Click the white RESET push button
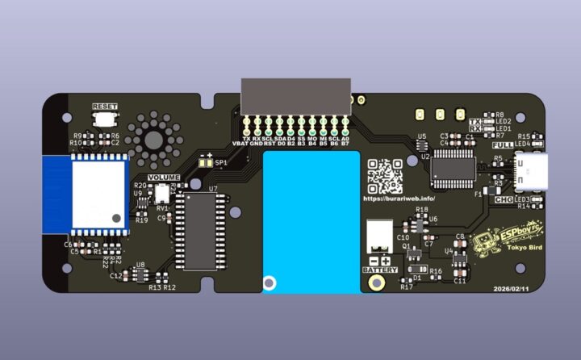[x=104, y=119]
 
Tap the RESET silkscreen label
[x=105, y=107]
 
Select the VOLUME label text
[x=164, y=178]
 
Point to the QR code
[x=385, y=175]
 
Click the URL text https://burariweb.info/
[x=399, y=198]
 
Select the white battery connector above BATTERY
[x=377, y=237]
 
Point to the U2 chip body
[x=453, y=166]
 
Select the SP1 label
[x=220, y=162]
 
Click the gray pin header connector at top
[x=296, y=98]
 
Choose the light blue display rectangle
[x=311, y=222]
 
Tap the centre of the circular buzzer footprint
[x=153, y=137]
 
